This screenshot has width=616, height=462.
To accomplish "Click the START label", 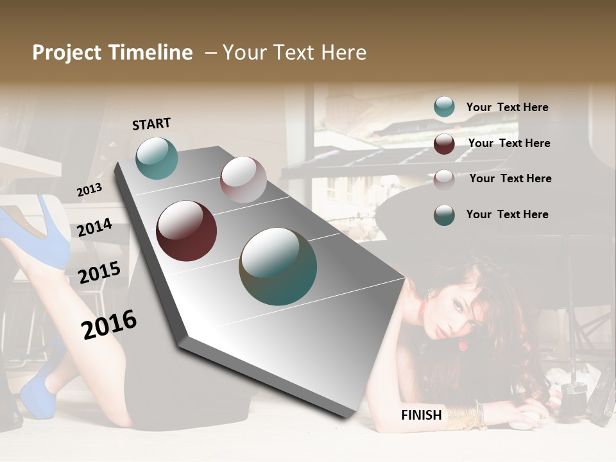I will click(x=151, y=124).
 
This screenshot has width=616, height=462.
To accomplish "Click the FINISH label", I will click(x=422, y=415).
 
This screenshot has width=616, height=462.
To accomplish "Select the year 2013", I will click(x=90, y=189).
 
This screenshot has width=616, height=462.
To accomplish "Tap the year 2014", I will click(x=95, y=227).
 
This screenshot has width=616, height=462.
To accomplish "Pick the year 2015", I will click(x=99, y=272).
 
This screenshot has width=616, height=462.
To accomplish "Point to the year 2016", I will click(x=109, y=324).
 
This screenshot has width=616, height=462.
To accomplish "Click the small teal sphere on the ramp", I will click(x=157, y=158).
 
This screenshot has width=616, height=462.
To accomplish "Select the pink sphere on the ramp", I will click(x=243, y=180).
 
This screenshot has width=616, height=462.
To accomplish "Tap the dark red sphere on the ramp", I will click(x=186, y=231).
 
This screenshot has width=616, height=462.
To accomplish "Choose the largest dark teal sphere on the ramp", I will click(x=278, y=266).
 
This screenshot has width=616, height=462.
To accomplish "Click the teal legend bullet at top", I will click(x=444, y=107).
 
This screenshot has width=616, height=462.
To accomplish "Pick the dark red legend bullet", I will click(x=444, y=144).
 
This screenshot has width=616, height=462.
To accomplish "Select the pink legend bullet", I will click(x=444, y=180).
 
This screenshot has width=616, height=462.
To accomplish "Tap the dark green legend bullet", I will click(x=444, y=215).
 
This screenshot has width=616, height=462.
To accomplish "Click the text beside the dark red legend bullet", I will click(x=509, y=143).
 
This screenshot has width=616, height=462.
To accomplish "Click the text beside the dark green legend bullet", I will click(x=507, y=214).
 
